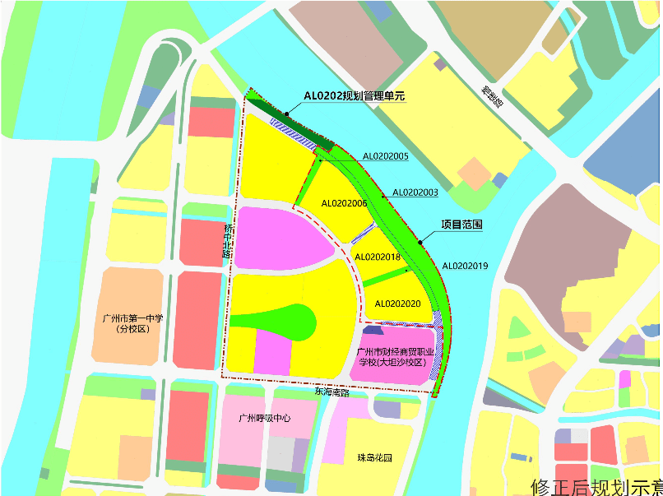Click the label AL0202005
pos(386,155)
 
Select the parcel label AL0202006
pos(344,202)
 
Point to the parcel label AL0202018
pos(377,257)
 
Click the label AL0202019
pos(465,266)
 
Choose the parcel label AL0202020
pos(397,304)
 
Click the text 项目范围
pos(461,224)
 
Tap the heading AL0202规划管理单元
pos(355,95)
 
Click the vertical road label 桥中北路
pos(229,239)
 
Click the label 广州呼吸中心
pos(264,418)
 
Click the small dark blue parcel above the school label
pos(373,330)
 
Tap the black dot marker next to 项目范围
pos(420,242)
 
